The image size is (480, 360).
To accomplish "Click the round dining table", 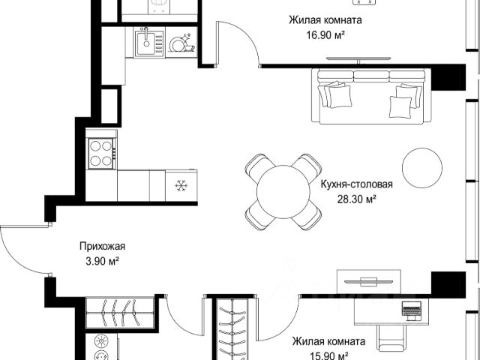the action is tap(283, 192).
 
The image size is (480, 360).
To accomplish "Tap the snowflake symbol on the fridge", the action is tap(181, 185).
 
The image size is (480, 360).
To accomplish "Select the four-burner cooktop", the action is tap(102, 153).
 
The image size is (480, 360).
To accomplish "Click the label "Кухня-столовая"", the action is tap(357, 184).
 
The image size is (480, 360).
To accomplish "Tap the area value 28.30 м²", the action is tap(357, 199).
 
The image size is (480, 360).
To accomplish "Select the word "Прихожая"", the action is tap(102, 246).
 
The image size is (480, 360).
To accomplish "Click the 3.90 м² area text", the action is tap(102, 261).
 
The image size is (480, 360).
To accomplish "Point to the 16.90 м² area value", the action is tap(325, 35).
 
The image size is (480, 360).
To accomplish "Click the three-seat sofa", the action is tap(371, 96).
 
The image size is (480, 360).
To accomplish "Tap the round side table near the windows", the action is tap(421, 168).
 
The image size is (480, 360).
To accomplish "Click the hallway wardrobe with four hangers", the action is tap(119, 313).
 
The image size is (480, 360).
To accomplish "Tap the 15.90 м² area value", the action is tap(328, 356).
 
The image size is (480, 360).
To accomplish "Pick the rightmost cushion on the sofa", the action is tap(409, 95).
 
